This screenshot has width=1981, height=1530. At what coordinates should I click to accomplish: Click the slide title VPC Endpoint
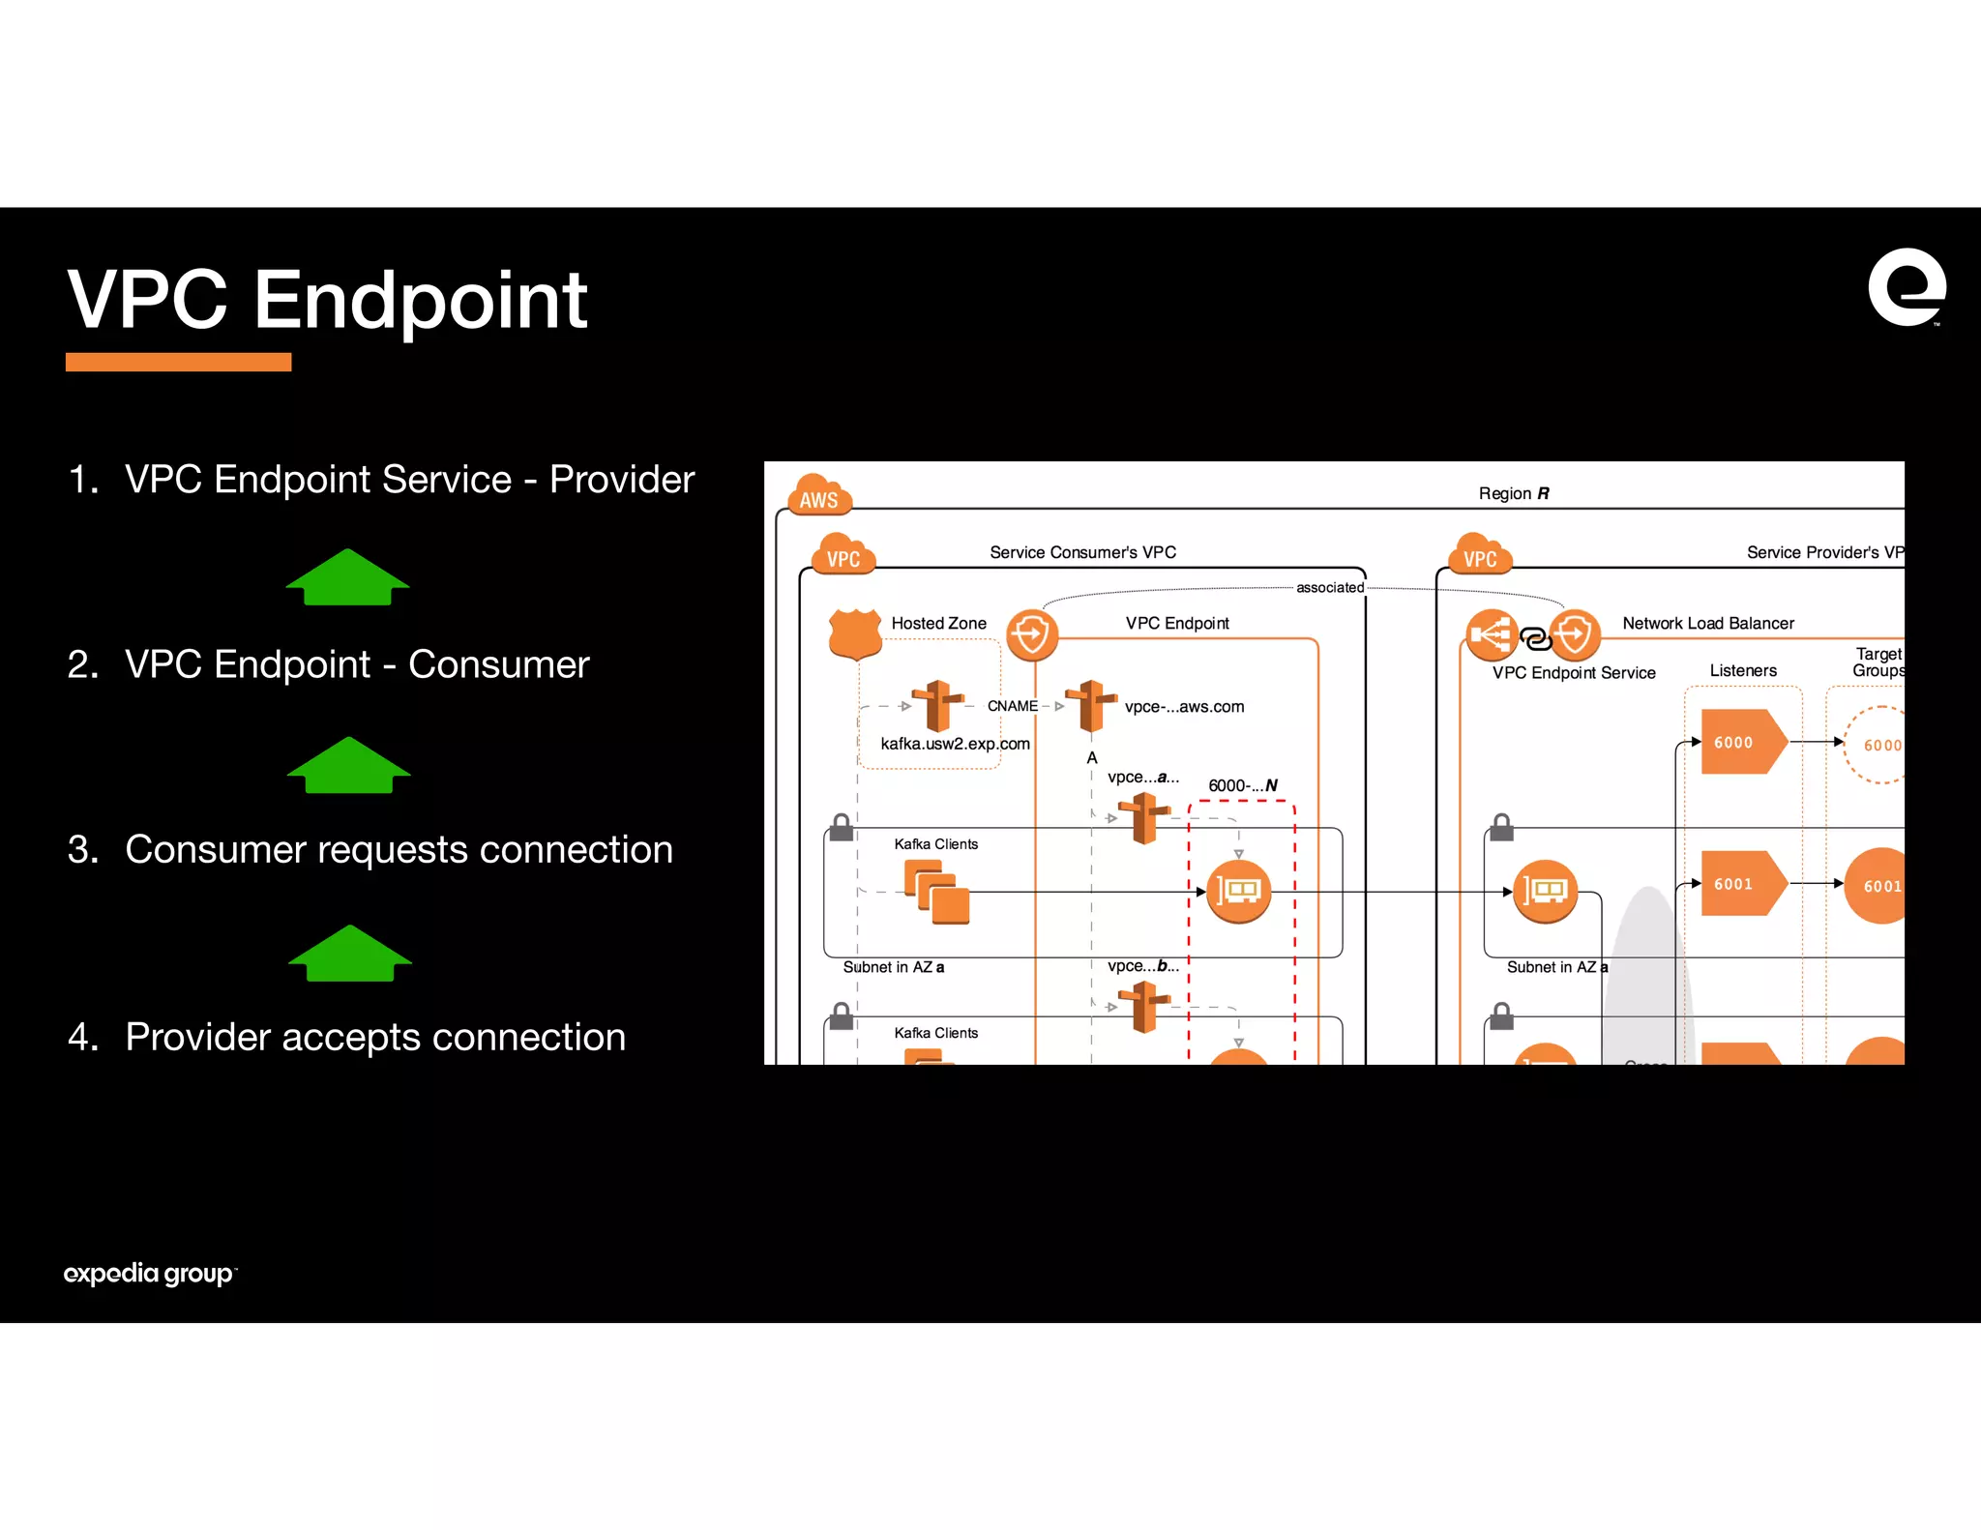pyautogui.click(x=327, y=300)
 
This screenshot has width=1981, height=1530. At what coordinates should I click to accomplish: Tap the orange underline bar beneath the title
pyautogui.click(x=178, y=362)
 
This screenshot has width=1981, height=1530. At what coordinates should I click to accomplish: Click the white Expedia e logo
pyautogui.click(x=1906, y=287)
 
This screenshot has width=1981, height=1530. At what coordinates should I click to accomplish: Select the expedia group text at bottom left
pyautogui.click(x=149, y=1273)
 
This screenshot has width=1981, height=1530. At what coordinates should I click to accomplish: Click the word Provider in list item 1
pyautogui.click(x=621, y=480)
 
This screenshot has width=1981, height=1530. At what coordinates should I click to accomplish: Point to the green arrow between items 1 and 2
pyautogui.click(x=347, y=577)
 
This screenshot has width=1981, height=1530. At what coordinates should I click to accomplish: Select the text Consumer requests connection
pyautogui.click(x=399, y=849)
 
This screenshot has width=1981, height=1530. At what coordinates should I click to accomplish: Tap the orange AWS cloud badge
pyautogui.click(x=819, y=495)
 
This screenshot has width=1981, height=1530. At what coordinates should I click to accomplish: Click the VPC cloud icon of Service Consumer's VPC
pyautogui.click(x=843, y=554)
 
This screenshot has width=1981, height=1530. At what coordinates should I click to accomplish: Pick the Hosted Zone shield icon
pyautogui.click(x=855, y=633)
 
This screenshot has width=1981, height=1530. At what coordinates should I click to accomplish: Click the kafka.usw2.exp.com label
pyautogui.click(x=955, y=744)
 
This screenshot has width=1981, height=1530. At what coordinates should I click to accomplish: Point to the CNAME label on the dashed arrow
pyautogui.click(x=1012, y=706)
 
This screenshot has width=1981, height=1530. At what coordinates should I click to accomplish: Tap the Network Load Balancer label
pyautogui.click(x=1707, y=624)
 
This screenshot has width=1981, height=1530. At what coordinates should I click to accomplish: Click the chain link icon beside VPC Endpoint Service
pyautogui.click(x=1535, y=638)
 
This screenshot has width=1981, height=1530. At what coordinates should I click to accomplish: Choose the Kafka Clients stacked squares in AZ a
pyautogui.click(x=936, y=892)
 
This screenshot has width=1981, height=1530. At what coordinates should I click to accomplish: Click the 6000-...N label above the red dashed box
pyautogui.click(x=1242, y=785)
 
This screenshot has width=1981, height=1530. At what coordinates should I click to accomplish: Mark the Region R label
pyautogui.click(x=1513, y=493)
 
